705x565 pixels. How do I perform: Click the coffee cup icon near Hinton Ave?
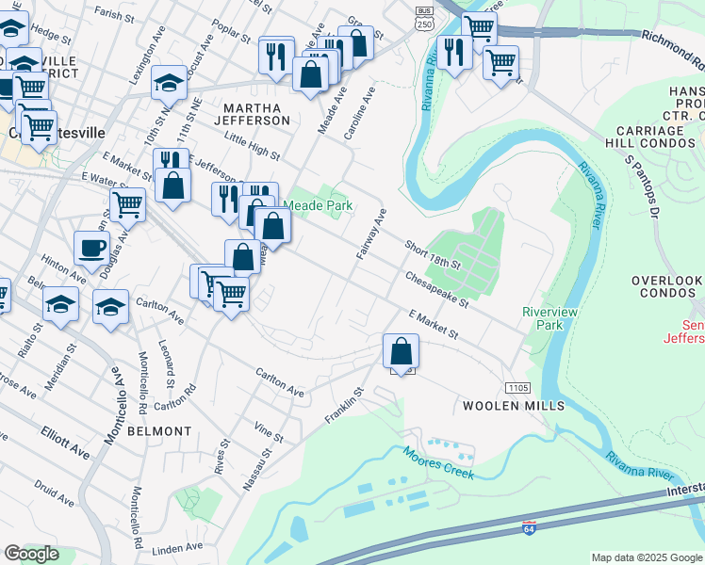point(91,249)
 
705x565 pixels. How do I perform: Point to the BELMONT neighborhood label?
point(155,431)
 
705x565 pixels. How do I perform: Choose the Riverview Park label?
point(550,318)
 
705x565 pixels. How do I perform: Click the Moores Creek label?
point(438,464)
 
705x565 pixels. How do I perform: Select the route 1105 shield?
point(518,388)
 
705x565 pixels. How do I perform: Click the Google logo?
point(32,554)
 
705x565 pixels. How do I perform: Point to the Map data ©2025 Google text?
point(646,557)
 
